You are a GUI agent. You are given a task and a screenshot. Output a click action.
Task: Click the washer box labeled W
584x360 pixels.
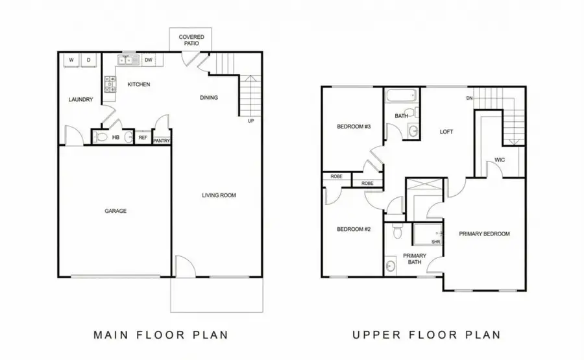point(71,61)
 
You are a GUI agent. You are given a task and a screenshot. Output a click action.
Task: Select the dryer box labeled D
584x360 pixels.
point(89,61)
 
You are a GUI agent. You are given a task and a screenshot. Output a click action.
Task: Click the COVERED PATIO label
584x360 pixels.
point(191,40)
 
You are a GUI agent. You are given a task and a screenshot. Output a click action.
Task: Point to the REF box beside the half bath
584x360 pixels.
point(143,138)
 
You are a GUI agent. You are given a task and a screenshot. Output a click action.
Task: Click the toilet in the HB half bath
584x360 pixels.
point(101,137)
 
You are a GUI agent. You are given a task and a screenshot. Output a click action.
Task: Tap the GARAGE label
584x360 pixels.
point(116,211)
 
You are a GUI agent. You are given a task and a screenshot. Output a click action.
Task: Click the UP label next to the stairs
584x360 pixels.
point(250,121)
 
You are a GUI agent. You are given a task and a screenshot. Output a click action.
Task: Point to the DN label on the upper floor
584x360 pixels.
point(468,99)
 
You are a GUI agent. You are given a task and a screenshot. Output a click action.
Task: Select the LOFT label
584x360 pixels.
point(446,132)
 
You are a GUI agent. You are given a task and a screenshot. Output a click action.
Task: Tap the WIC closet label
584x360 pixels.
point(500,160)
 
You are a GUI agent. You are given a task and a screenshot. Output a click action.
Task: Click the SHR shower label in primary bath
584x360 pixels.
point(435,242)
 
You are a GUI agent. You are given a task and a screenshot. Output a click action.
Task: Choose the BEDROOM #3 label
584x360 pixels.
point(353,126)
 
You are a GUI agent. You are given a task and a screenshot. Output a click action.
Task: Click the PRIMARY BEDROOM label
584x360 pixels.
point(484,234)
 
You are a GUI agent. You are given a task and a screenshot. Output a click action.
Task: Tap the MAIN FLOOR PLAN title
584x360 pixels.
point(160,335)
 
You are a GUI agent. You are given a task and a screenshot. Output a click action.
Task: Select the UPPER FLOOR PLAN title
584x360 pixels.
point(426,335)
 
